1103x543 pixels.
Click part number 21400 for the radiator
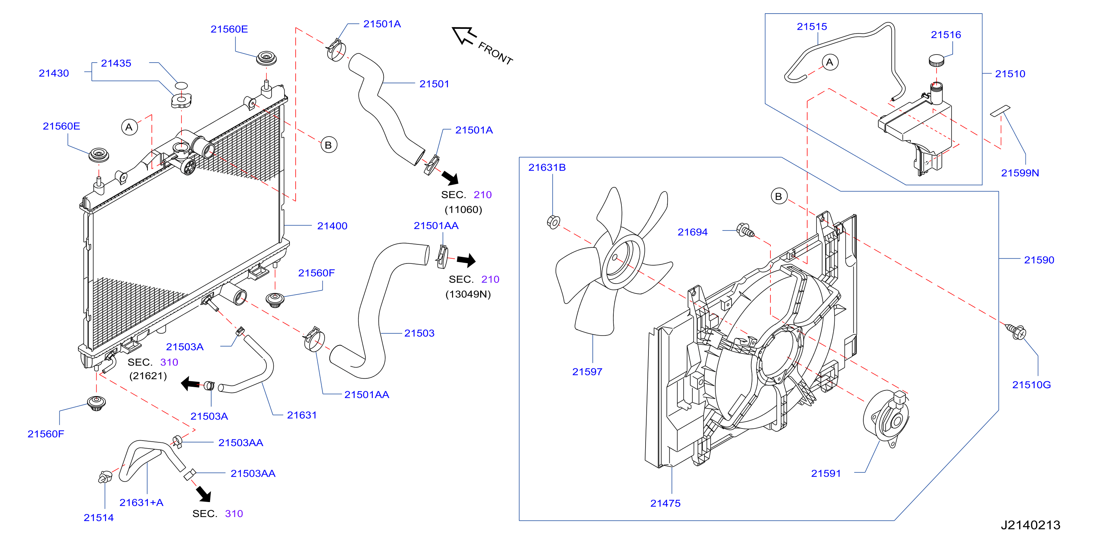[x=332, y=226]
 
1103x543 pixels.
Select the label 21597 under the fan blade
[x=587, y=372]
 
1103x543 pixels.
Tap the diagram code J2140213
[x=1030, y=525]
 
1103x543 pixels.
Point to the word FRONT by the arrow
[x=496, y=53]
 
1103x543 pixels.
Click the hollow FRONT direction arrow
[x=464, y=35]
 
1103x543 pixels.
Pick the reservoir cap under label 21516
[x=936, y=60]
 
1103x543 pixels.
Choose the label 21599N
[x=1020, y=173]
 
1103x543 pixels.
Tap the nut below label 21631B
[x=553, y=222]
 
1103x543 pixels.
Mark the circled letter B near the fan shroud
[x=779, y=196]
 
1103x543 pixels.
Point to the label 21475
[x=665, y=503]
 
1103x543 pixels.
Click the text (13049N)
[x=468, y=294]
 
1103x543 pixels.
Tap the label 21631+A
[x=141, y=503]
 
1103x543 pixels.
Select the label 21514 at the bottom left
[x=98, y=518]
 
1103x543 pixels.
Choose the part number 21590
[x=1039, y=260]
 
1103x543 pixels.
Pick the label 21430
[x=53, y=73]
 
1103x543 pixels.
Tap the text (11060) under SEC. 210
[x=463, y=209]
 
